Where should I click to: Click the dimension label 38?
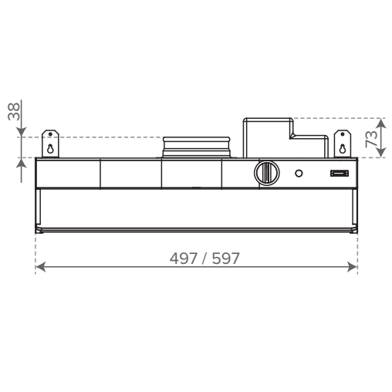(14, 111)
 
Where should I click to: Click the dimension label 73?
(371, 139)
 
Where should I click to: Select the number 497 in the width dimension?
(184, 259)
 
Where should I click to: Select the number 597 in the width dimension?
(226, 259)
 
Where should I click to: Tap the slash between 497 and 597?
(204, 259)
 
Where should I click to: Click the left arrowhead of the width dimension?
(41, 267)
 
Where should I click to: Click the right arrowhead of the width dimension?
(353, 267)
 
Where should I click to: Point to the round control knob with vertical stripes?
(267, 173)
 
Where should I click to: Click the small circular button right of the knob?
(299, 174)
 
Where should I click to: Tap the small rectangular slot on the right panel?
(340, 174)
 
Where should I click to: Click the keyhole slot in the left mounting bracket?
(50, 149)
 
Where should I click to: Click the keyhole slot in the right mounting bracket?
(343, 149)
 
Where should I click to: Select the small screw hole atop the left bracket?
(50, 134)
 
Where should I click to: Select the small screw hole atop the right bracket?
(343, 134)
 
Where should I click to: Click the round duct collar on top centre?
(196, 147)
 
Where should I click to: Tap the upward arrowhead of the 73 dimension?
(381, 123)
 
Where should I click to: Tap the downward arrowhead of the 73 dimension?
(381, 152)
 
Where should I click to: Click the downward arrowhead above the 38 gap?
(22, 132)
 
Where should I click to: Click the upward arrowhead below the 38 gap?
(22, 163)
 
